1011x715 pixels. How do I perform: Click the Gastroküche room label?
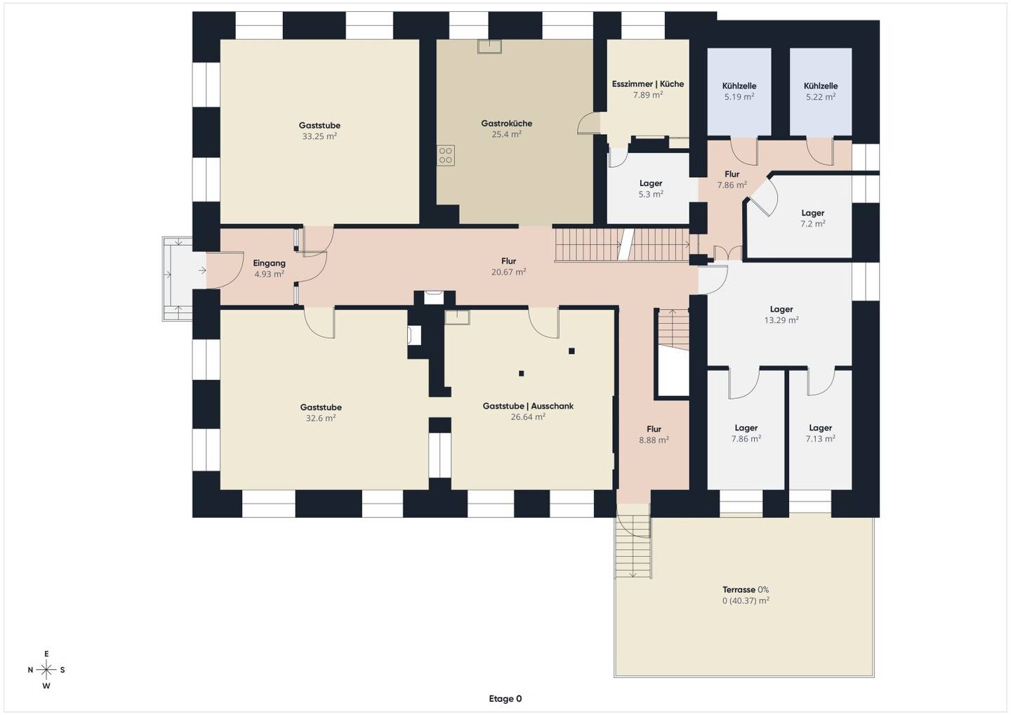pos(506,123)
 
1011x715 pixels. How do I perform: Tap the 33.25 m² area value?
pos(319,136)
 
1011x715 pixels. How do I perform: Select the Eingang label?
pos(269,263)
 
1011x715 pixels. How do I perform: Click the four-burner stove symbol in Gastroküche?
pos(445,155)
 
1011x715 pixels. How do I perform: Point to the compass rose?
pos(46,670)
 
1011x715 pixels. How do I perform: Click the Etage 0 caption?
pos(505,699)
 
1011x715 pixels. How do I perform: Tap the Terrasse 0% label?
pos(746,589)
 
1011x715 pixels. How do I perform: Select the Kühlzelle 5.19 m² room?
pos(739,91)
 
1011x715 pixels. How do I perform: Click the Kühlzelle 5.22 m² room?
pos(821,91)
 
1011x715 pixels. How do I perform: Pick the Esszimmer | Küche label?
pos(647,84)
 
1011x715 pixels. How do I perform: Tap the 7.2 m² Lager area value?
pos(813,224)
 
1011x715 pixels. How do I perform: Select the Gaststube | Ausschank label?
pos(528,406)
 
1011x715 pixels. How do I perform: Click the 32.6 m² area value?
pos(320,419)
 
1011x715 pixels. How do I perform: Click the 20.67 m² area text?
pos(508,273)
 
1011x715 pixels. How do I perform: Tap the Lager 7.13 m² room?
pos(821,430)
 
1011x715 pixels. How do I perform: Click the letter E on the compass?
pos(46,654)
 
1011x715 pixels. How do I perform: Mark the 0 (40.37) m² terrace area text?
pos(746,601)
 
